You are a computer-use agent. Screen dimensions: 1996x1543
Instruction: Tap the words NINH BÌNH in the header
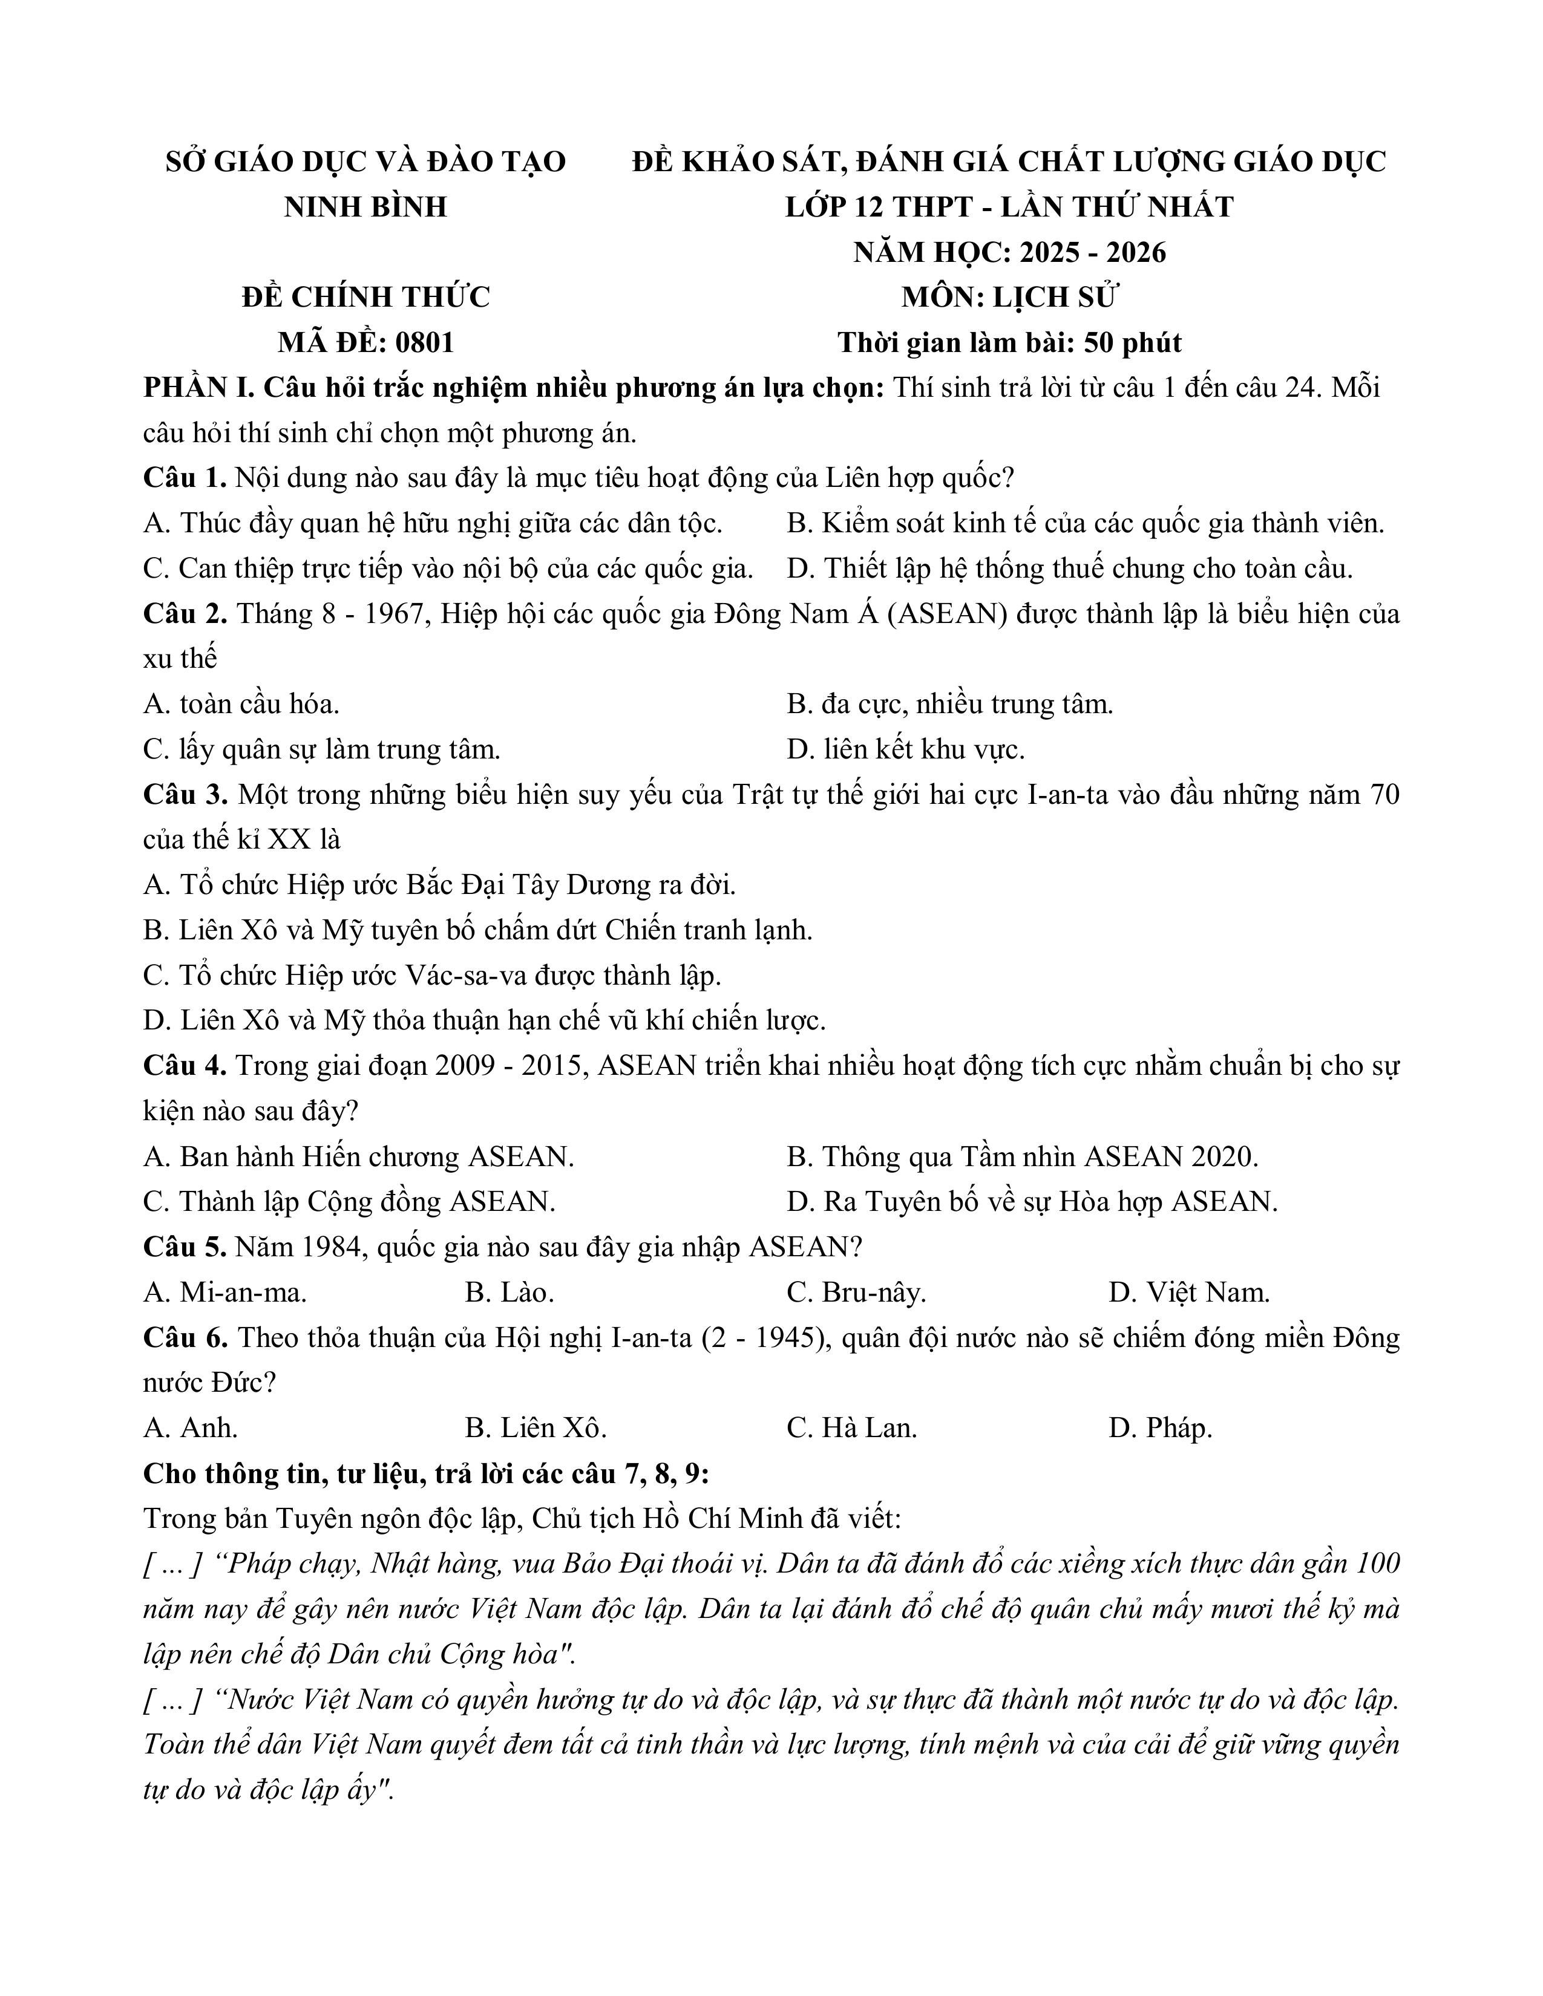(x=365, y=207)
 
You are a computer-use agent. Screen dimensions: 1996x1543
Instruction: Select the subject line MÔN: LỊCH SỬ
(x=1009, y=298)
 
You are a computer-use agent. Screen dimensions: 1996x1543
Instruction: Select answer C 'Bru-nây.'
(x=856, y=1293)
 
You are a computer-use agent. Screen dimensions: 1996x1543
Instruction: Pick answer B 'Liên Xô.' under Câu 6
(x=536, y=1427)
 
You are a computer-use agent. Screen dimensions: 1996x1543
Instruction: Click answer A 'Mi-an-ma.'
(x=226, y=1293)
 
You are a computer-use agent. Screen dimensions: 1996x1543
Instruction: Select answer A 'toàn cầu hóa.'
(x=241, y=705)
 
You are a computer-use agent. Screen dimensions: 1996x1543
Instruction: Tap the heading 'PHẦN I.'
(x=198, y=388)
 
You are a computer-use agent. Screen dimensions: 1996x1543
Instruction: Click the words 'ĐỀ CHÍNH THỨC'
(x=365, y=298)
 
